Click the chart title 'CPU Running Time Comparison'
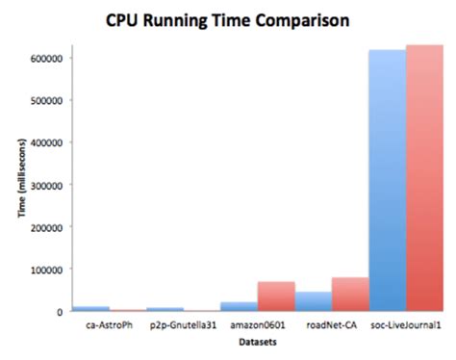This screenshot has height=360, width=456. click(227, 20)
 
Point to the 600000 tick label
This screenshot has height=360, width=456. click(45, 58)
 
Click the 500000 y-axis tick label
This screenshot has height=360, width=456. click(45, 100)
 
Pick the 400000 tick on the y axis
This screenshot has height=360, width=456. click(45, 142)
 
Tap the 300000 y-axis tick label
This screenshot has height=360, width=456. click(45, 185)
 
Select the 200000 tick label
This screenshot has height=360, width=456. click(45, 227)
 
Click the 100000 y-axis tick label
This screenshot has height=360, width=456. click(45, 270)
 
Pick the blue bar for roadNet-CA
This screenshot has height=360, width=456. click(314, 301)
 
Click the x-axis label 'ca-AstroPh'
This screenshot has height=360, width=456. click(109, 326)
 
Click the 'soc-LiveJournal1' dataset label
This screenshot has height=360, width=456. click(407, 326)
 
